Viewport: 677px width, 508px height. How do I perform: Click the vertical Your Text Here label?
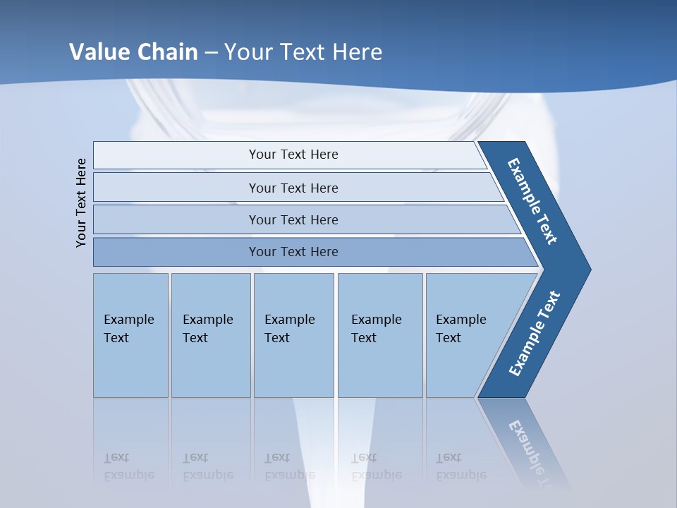[81, 202]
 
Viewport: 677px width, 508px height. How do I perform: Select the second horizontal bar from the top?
[293, 188]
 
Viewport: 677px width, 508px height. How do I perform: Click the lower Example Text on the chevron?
[534, 334]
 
